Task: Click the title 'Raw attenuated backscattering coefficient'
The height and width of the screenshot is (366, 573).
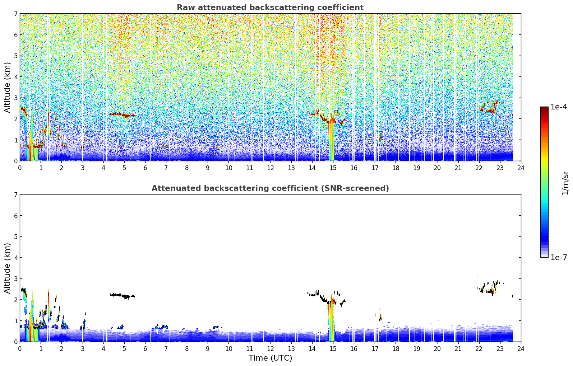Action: (270, 8)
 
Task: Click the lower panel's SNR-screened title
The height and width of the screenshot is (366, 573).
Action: (270, 188)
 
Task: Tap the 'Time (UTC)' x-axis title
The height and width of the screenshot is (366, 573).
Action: (270, 358)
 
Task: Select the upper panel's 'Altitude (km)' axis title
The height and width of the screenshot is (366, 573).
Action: (7, 88)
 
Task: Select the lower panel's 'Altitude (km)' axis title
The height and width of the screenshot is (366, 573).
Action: (7, 268)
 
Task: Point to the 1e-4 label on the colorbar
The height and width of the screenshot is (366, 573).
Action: (559, 107)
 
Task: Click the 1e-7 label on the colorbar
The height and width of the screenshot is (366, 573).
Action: (559, 257)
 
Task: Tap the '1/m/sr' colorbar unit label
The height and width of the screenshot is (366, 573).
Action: (565, 183)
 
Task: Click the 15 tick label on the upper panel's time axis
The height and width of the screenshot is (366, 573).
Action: (333, 168)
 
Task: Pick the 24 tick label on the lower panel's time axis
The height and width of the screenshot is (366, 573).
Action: (521, 349)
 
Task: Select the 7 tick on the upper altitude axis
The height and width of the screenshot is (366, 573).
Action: (16, 14)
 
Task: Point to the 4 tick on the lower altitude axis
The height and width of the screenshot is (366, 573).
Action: (16, 258)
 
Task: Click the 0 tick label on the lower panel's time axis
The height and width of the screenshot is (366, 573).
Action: (20, 349)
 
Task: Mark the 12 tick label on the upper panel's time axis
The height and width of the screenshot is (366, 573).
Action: (271, 168)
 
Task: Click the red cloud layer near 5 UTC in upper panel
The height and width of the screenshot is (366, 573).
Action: (122, 115)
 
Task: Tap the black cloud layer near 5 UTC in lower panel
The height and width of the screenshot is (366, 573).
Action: (122, 296)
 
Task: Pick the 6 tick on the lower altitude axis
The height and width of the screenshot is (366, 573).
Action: (16, 216)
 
